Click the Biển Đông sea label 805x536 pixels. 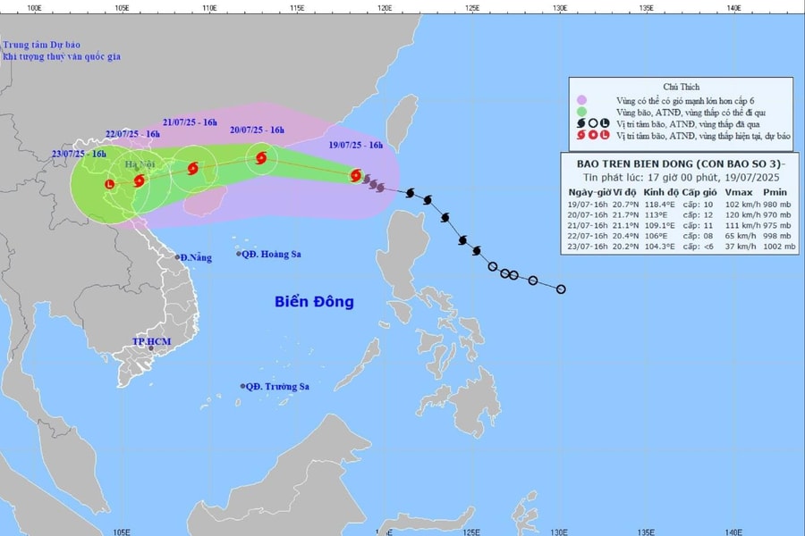pyautogui.click(x=314, y=302)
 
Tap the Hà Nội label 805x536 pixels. pyautogui.click(x=140, y=164)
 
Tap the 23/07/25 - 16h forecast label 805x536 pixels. pyautogui.click(x=79, y=154)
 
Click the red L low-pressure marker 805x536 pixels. pyautogui.click(x=110, y=185)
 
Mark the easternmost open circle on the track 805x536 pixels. pyautogui.click(x=561, y=289)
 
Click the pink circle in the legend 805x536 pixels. pyautogui.click(x=581, y=100)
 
